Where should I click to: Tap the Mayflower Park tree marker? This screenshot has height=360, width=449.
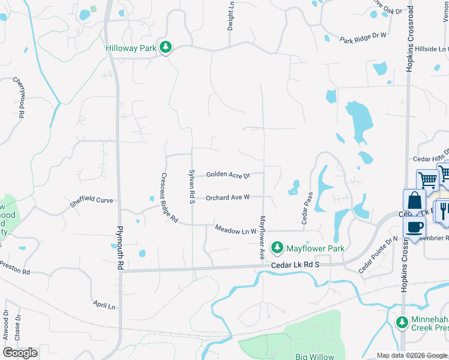coord(277,247)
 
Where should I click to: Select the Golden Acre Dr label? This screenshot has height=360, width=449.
coord(227,175)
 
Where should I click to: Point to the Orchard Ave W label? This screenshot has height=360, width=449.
coord(228,197)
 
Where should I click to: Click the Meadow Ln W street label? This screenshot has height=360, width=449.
coord(235,230)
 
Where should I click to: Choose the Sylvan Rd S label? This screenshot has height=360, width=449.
coord(192,186)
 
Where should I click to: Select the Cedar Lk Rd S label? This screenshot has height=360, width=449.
coord(295,265)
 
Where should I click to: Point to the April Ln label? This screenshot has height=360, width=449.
coord(104,305)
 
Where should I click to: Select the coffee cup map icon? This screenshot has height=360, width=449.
coord(415,227)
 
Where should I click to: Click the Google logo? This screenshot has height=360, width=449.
coord(20,353)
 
